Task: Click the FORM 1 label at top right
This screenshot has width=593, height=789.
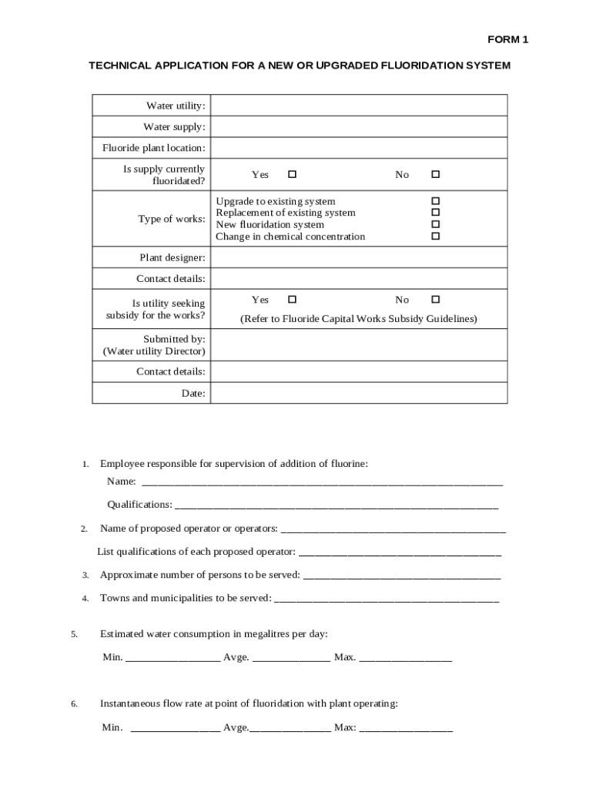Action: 508,39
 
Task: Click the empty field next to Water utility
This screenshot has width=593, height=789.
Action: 358,106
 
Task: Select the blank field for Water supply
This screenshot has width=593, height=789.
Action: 358,126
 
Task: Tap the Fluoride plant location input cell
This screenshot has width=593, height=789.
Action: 358,148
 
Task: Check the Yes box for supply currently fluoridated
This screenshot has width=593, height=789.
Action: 292,174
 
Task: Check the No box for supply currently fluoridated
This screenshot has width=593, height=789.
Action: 435,174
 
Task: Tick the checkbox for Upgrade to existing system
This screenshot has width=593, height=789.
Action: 435,201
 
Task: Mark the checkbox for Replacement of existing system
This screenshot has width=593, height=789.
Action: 435,212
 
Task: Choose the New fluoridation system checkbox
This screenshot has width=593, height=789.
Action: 435,224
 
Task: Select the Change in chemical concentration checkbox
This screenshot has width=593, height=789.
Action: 435,237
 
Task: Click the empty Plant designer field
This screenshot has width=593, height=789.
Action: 358,257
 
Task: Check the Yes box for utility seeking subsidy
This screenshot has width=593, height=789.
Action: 292,299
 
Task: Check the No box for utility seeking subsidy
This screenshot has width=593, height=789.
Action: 435,299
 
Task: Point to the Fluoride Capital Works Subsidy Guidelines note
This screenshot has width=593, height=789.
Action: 358,318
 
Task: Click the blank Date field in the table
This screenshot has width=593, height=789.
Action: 358,393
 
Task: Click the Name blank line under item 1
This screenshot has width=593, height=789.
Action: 322,482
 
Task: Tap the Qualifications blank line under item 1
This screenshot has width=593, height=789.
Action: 336,505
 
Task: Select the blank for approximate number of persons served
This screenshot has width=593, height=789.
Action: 402,575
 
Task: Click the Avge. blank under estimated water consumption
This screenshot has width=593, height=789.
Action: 291,657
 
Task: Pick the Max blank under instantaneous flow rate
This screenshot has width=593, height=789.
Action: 406,727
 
